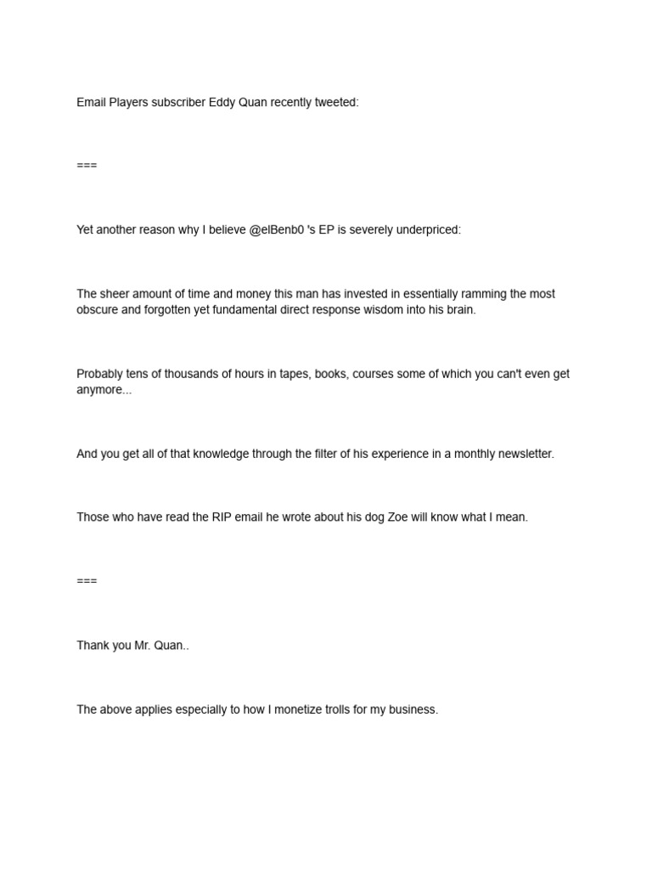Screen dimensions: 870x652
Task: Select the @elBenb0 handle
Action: click(277, 230)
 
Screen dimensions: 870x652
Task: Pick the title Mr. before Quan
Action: click(144, 646)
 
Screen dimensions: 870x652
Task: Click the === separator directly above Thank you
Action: click(87, 581)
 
